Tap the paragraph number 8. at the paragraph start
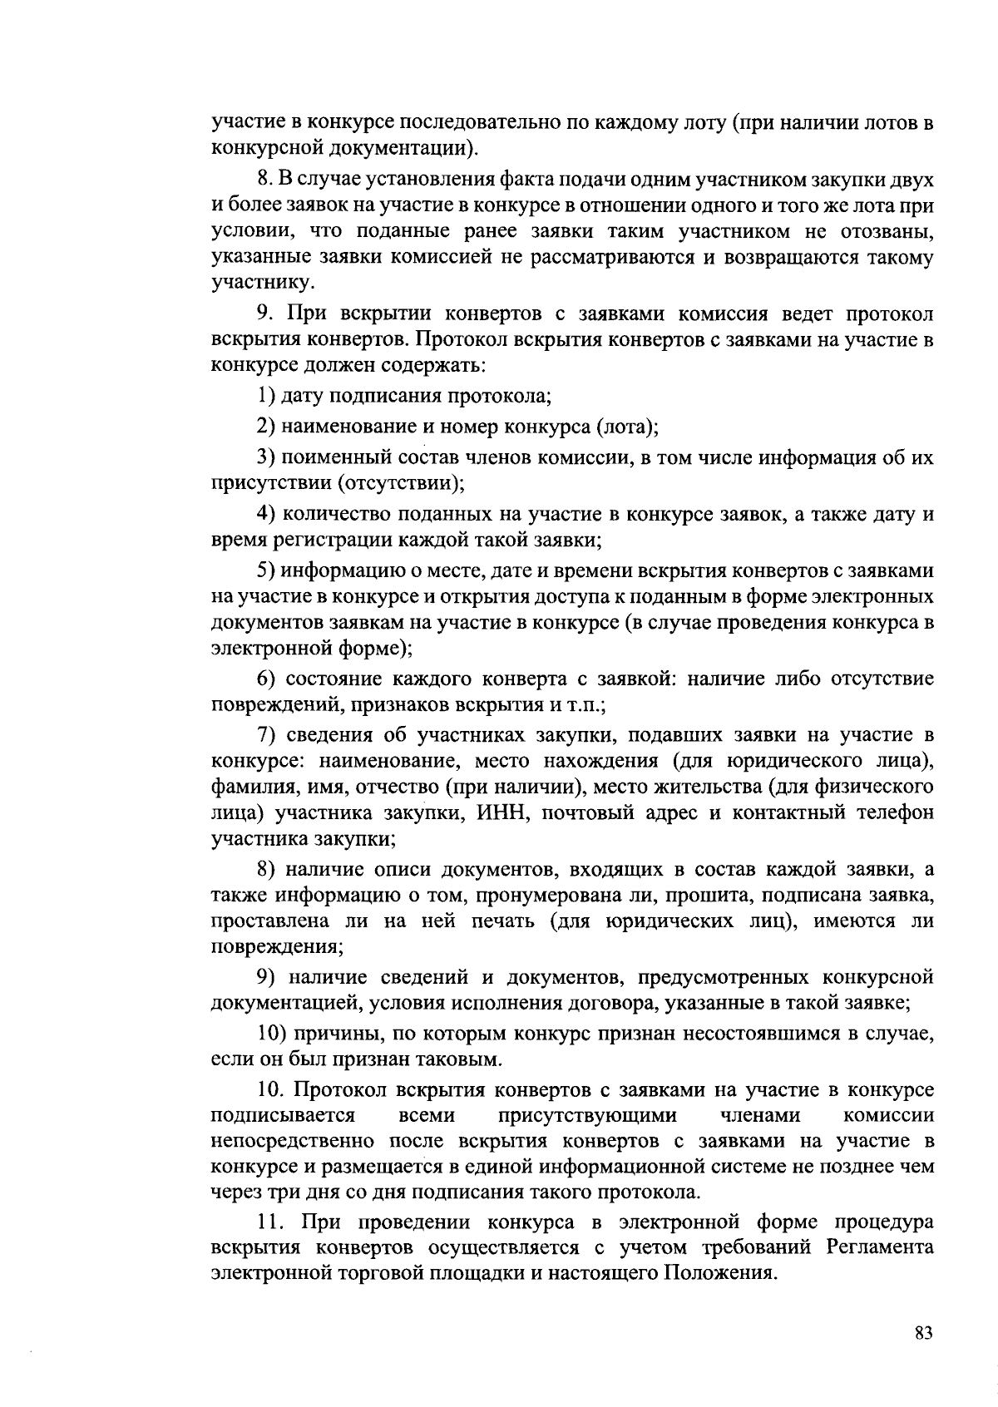(265, 180)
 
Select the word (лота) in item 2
(625, 427)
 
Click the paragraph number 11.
(269, 1222)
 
